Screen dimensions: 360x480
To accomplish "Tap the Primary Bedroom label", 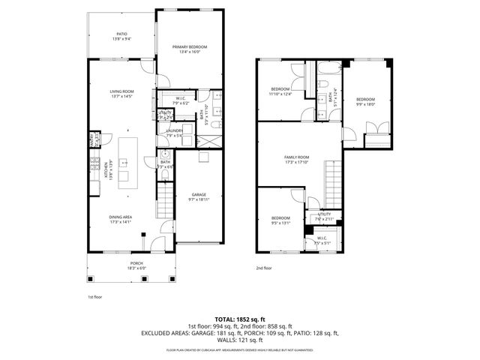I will click(189, 48).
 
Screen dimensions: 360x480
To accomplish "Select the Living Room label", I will click(121, 93).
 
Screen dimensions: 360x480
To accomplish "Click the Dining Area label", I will click(121, 219).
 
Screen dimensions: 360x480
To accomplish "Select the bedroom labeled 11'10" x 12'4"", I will click(280, 91).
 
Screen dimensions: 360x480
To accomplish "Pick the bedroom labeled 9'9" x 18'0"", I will click(365, 101).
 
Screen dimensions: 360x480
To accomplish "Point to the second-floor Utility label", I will click(324, 216).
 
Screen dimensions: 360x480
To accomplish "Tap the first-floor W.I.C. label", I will click(181, 100).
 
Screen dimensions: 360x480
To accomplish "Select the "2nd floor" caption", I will click(264, 268).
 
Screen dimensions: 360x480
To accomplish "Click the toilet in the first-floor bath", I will click(165, 174).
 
